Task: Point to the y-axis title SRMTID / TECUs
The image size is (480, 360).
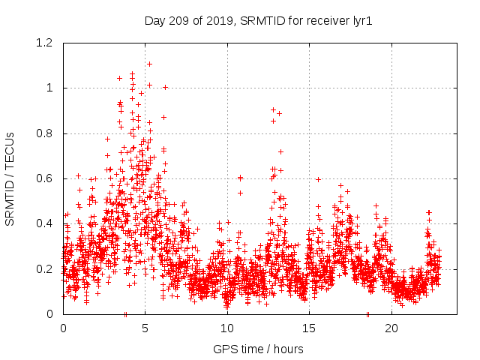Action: [10, 178]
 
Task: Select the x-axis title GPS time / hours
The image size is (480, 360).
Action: [258, 349]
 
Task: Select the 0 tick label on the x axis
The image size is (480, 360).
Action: [63, 328]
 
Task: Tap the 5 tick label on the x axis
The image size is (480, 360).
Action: [145, 328]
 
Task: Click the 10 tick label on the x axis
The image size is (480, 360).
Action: [227, 328]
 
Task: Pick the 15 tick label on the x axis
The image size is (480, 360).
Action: [309, 328]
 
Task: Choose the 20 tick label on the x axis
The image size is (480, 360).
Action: [391, 328]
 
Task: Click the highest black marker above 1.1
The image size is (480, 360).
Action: [149, 64]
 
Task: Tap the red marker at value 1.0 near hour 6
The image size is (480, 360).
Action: [165, 87]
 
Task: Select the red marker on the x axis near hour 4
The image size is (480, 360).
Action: [125, 314]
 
